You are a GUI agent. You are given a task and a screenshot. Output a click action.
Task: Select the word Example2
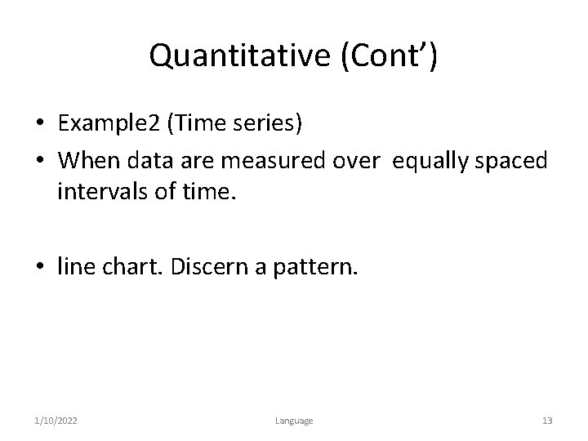[109, 123]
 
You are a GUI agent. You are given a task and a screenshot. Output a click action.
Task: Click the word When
[87, 161]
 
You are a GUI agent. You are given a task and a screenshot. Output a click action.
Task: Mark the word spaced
[512, 161]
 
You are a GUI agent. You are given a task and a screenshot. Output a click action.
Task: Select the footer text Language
[293, 421]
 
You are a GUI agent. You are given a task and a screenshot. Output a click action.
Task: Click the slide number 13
[547, 421]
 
